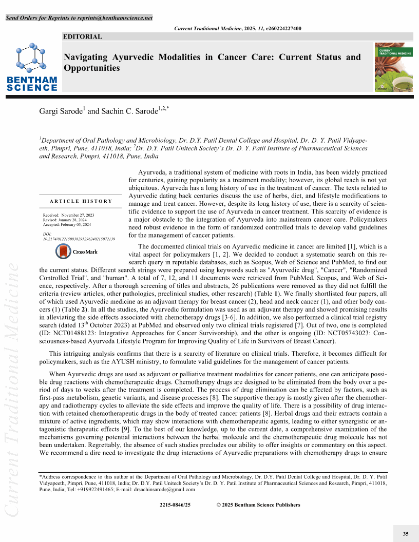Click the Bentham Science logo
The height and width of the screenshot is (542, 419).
click(32, 67)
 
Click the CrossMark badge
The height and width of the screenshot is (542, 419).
click(77, 251)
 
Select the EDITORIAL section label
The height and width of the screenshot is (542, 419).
click(83, 36)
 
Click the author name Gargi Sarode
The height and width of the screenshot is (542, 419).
click(61, 111)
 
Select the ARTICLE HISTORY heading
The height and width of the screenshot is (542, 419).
click(81, 201)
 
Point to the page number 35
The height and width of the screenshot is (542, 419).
click(406, 534)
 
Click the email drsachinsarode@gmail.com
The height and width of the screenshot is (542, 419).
click(165, 489)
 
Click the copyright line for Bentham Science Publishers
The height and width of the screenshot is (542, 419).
click(258, 505)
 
